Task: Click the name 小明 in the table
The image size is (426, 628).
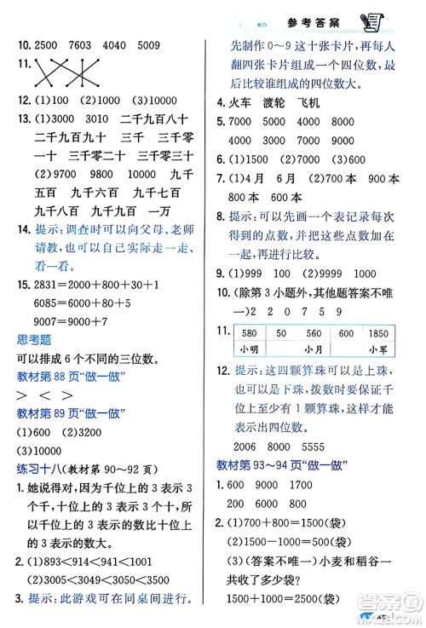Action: (x=250, y=350)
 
